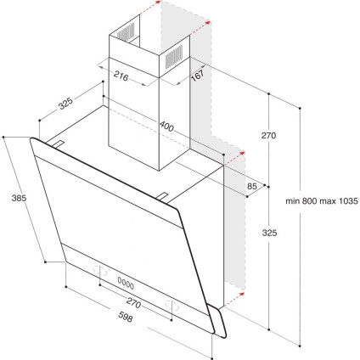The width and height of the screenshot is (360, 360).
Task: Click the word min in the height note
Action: [x=294, y=201]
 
